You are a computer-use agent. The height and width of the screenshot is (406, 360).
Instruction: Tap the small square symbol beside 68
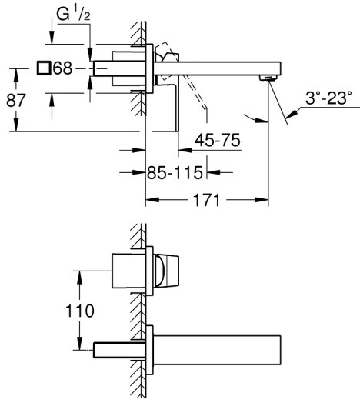click(x=45, y=68)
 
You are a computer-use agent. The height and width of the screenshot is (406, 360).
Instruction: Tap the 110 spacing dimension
click(x=80, y=311)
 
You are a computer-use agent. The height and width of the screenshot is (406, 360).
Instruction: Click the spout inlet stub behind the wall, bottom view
click(x=115, y=349)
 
